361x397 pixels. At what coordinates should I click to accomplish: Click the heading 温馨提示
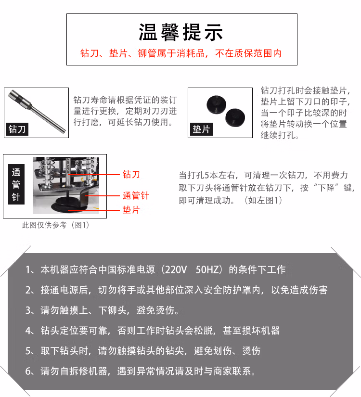180,32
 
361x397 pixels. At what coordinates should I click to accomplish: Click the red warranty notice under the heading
181,53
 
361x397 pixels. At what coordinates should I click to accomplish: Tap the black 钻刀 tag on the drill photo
17,129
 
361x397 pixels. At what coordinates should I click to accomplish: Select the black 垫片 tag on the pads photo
201,129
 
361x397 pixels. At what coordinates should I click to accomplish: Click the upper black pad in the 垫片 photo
216,104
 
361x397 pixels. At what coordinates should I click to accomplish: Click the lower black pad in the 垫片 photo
235,117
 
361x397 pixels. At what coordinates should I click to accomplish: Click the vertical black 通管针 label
16,184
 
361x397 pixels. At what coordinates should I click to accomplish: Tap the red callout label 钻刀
131,175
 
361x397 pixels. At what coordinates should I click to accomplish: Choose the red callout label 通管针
136,196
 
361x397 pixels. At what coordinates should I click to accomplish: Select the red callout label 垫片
131,210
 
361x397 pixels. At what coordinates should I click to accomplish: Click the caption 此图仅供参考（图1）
56,225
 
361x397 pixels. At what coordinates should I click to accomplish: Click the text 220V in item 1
176,269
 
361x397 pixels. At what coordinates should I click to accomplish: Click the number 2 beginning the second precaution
28,290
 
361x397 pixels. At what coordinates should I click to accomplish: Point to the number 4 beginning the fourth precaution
28,331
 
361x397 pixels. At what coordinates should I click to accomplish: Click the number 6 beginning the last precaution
28,371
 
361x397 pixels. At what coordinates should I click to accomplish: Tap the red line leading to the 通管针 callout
102,196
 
